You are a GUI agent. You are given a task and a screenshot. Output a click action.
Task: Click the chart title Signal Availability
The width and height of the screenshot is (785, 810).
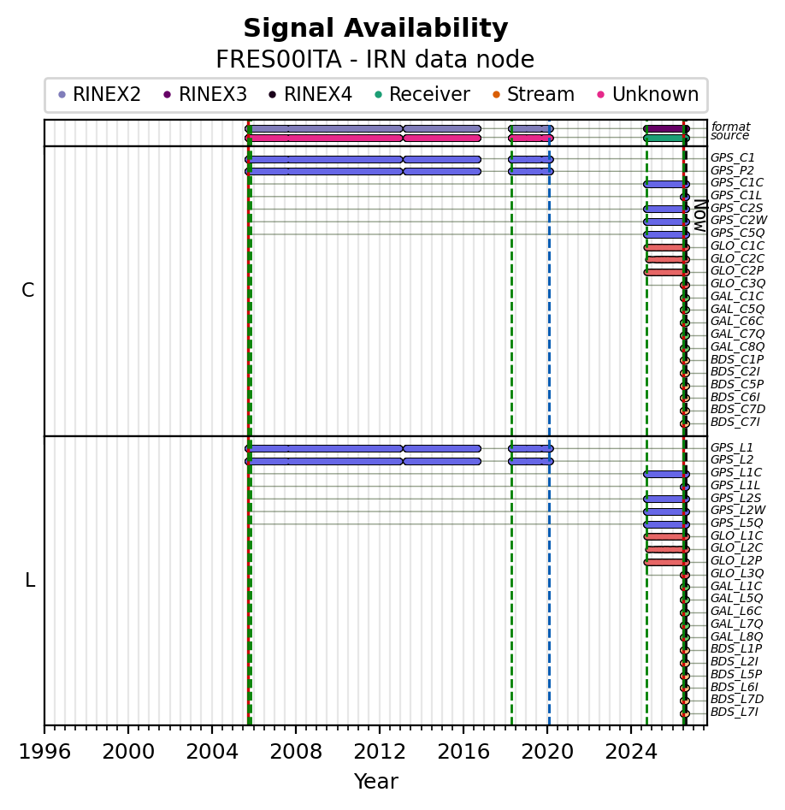click(x=375, y=28)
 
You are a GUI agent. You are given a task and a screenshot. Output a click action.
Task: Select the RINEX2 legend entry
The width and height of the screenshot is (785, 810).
click(x=98, y=95)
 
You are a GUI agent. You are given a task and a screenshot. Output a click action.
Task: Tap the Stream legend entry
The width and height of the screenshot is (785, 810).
click(x=534, y=95)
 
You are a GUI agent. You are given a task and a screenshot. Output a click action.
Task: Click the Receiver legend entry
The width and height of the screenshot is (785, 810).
click(x=422, y=95)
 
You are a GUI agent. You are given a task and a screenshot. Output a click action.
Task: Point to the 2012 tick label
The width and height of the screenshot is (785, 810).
click(x=380, y=751)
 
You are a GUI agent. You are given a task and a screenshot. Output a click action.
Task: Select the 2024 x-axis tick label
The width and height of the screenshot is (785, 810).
click(x=631, y=751)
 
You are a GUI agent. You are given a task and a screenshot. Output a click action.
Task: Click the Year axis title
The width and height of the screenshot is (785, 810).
click(x=376, y=782)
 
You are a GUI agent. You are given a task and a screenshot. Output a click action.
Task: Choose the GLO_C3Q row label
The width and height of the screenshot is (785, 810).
click(x=738, y=284)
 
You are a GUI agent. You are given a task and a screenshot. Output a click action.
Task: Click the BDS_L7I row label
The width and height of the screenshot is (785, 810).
click(x=735, y=712)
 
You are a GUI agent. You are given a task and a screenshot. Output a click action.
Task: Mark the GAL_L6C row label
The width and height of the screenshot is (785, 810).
click(x=736, y=611)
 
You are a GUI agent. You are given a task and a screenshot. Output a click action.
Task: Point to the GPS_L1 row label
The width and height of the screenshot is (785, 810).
click(x=732, y=448)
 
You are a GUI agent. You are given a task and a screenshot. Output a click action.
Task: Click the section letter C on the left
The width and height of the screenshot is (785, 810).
click(x=28, y=291)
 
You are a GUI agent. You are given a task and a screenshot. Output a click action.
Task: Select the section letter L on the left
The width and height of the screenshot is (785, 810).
click(x=30, y=581)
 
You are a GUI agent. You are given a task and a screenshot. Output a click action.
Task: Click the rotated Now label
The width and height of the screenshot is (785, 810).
click(x=700, y=216)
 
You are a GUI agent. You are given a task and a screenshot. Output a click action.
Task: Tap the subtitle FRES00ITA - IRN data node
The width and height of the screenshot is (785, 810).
click(x=375, y=59)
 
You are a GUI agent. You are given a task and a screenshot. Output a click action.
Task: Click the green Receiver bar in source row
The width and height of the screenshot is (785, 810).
click(x=666, y=138)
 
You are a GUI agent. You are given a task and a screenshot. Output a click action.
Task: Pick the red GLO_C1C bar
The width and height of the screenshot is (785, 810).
click(x=666, y=247)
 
